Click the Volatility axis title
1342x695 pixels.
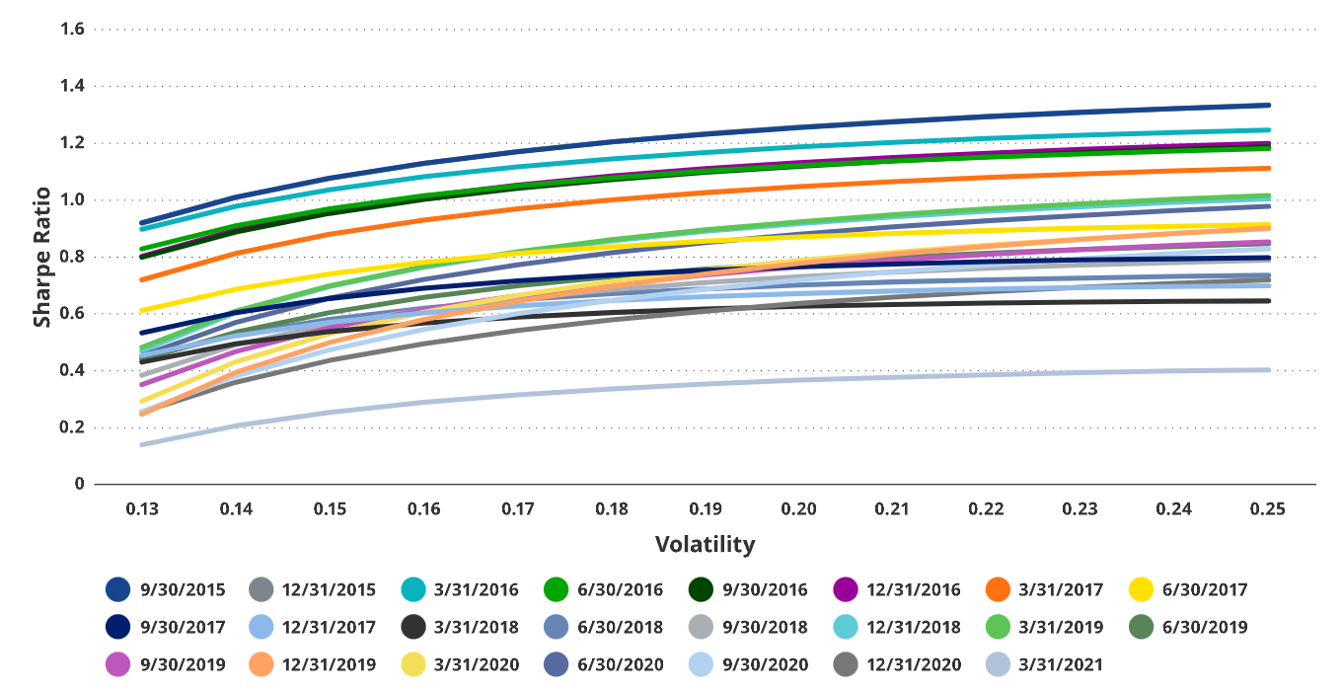click(705, 544)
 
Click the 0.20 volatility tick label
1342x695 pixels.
click(798, 509)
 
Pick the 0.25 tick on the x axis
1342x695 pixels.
click(1267, 509)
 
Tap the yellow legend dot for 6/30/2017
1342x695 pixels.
click(1141, 590)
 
